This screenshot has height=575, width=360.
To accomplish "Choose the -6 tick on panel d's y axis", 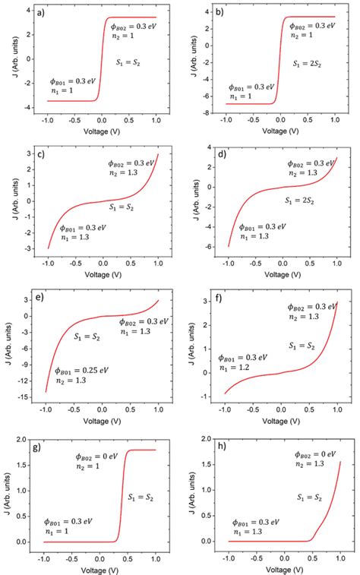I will [207, 246].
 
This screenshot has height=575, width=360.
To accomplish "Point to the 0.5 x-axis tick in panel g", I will [128, 554].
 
